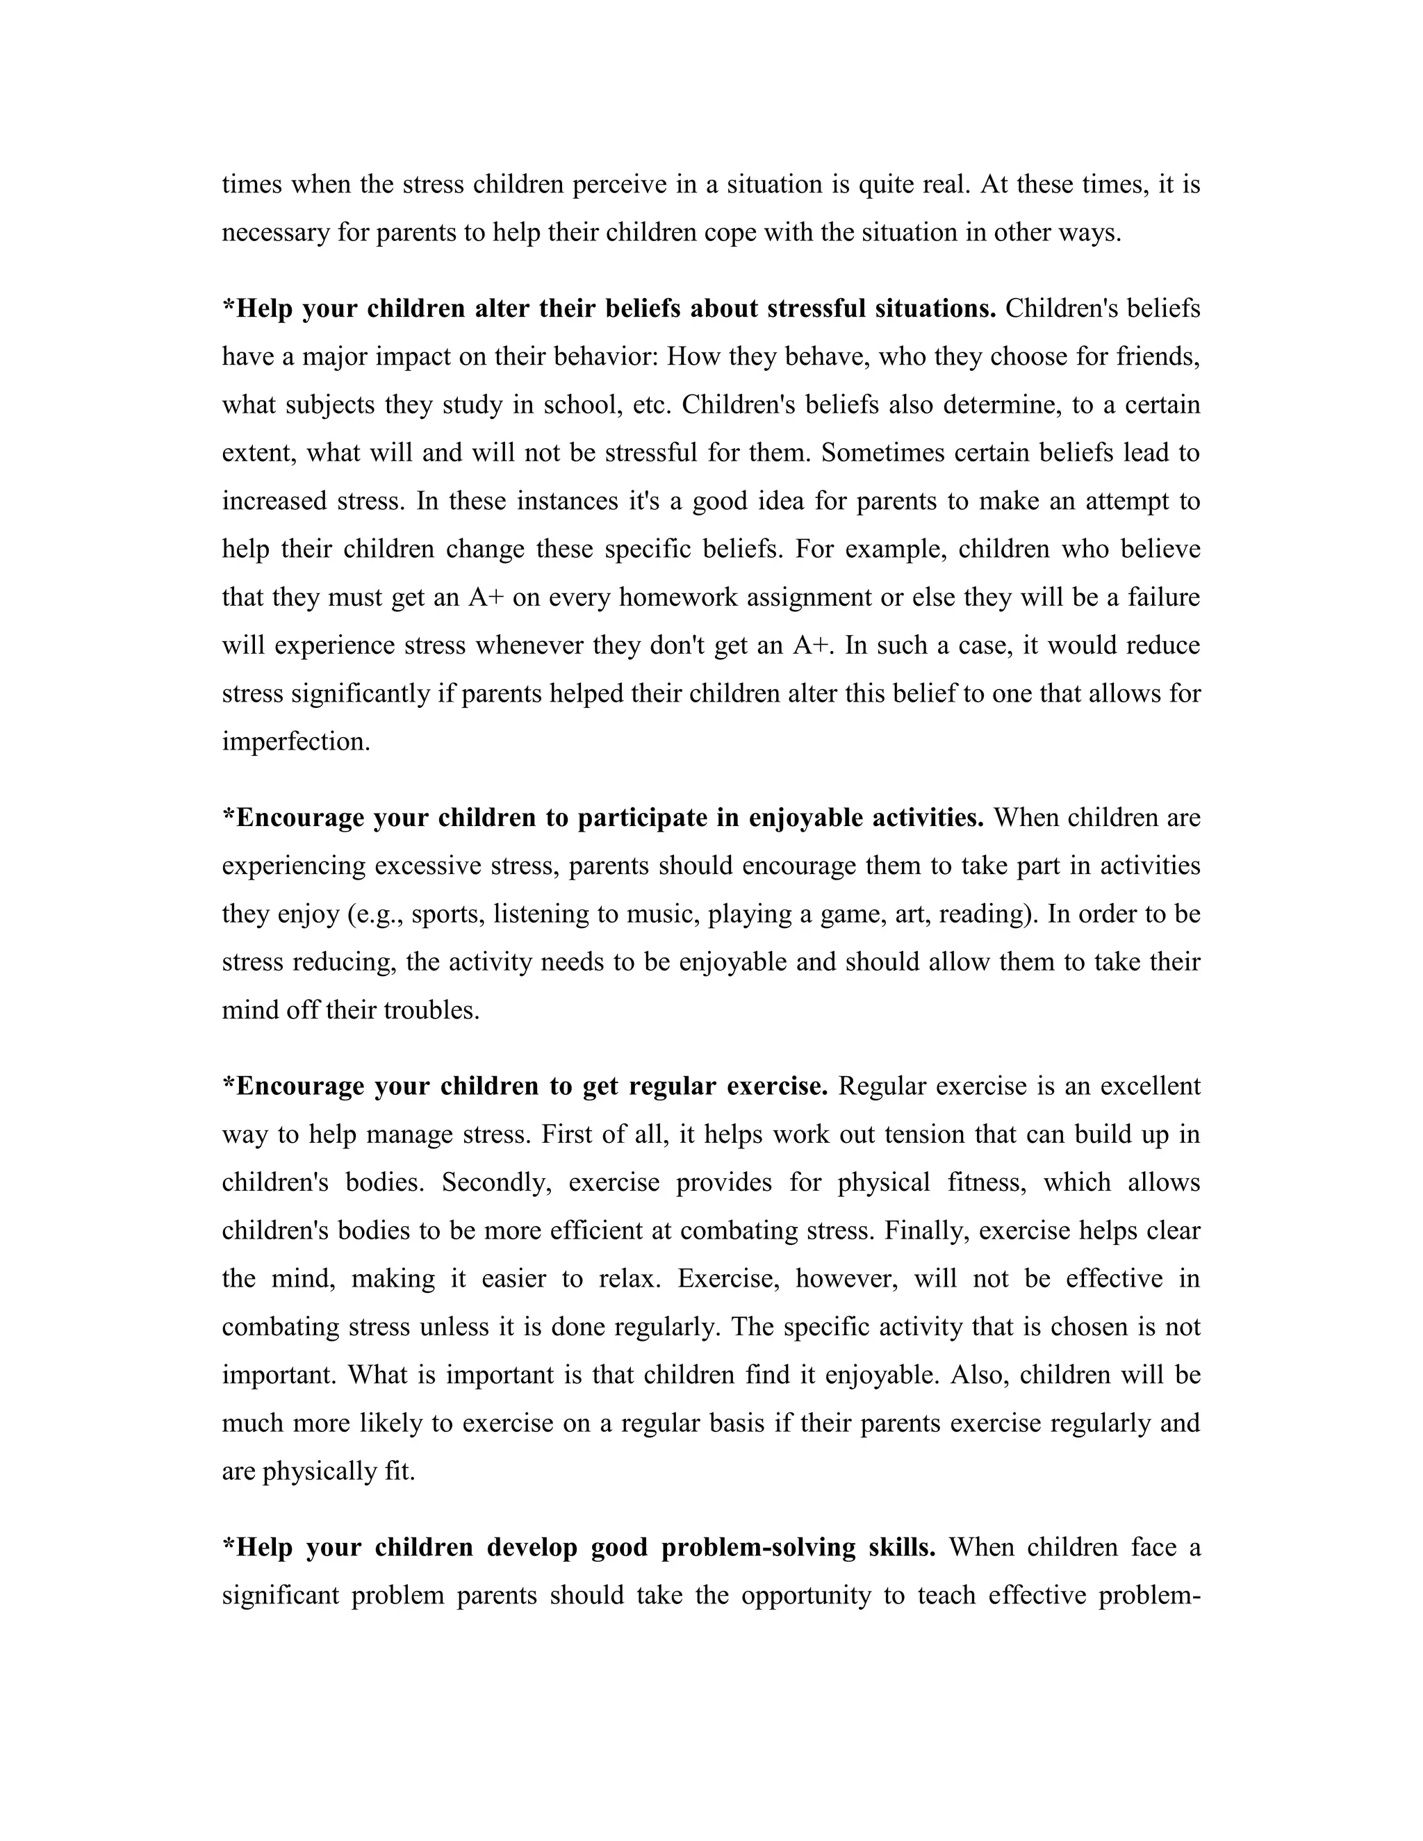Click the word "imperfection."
click(296, 741)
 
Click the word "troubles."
click(431, 1010)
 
